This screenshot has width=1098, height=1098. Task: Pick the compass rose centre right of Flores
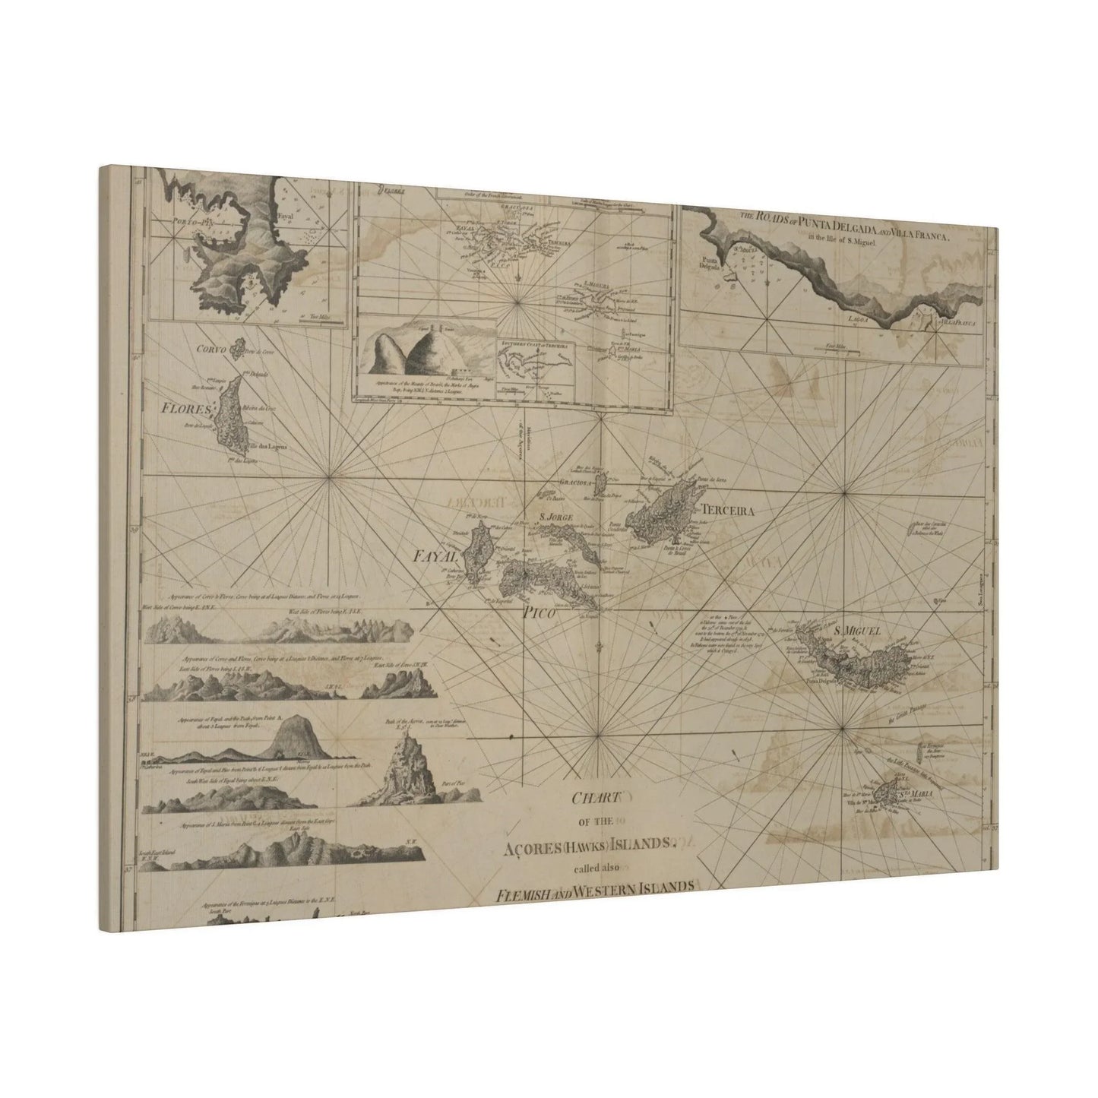(329, 477)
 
